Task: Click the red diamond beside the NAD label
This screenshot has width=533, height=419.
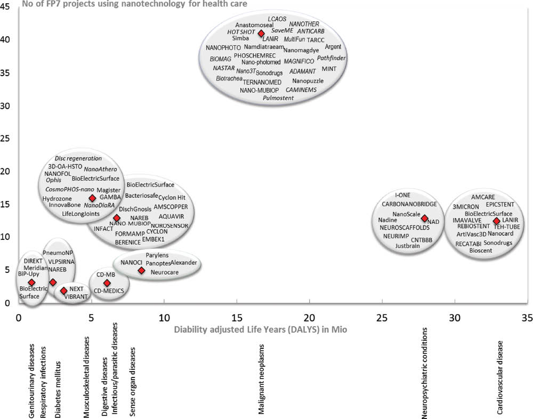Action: pyautogui.click(x=424, y=218)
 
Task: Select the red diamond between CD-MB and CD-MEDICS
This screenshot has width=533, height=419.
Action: pyautogui.click(x=107, y=283)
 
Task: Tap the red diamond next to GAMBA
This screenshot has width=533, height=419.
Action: pyautogui.click(x=92, y=198)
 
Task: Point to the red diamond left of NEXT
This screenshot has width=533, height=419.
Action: pyautogui.click(x=64, y=291)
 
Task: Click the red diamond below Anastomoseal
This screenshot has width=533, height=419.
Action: pyautogui.click(x=261, y=33)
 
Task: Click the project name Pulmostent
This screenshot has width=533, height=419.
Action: pyautogui.click(x=278, y=99)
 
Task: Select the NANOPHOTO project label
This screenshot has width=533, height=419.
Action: pyautogui.click(x=223, y=48)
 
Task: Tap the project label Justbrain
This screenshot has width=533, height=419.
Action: pyautogui.click(x=408, y=247)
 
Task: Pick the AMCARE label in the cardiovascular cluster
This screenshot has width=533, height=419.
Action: pyautogui.click(x=483, y=196)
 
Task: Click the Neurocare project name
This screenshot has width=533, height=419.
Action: pyautogui.click(x=164, y=272)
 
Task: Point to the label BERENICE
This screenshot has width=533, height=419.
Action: pyautogui.click(x=128, y=241)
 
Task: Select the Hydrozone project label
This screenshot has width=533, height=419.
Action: pyautogui.click(x=56, y=198)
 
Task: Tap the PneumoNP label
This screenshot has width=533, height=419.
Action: pyautogui.click(x=58, y=252)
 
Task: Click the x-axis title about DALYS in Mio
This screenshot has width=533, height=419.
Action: pyautogui.click(x=261, y=329)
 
